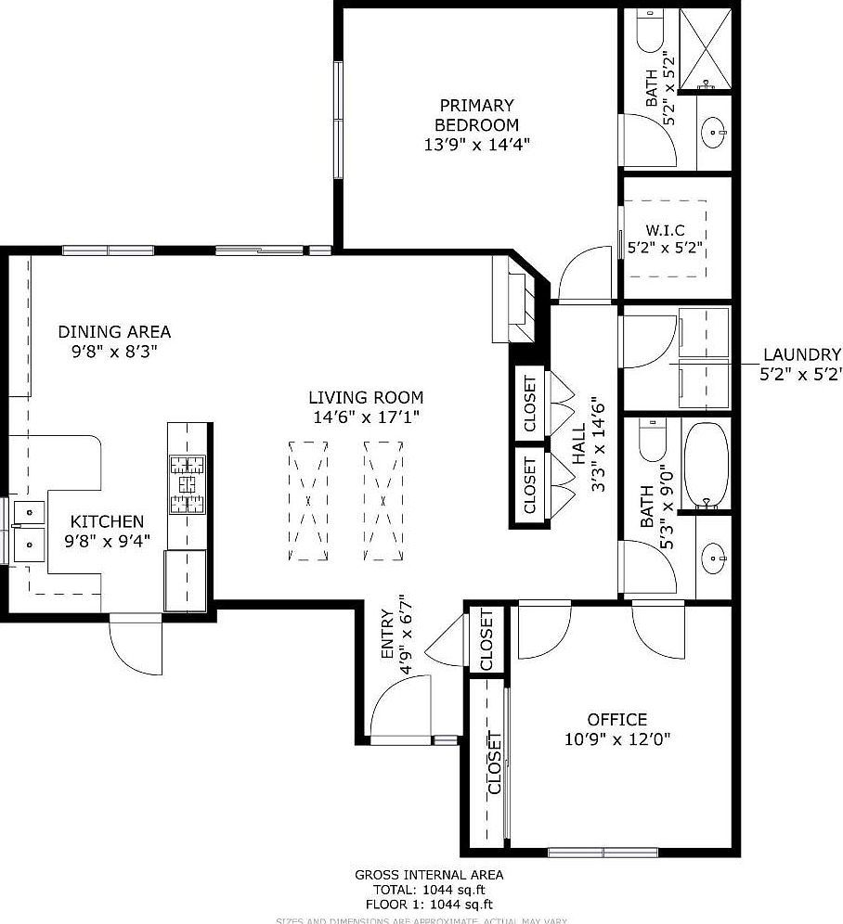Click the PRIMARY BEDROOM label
(x=476, y=115)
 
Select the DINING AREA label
(x=114, y=331)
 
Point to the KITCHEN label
(x=108, y=521)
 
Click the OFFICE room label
(x=616, y=719)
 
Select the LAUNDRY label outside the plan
(x=801, y=353)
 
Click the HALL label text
(x=580, y=445)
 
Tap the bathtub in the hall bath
(x=707, y=467)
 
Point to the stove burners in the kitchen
(x=187, y=484)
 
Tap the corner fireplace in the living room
(x=517, y=303)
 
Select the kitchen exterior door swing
(x=136, y=648)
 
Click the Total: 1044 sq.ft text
(x=429, y=889)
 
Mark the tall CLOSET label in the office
(x=494, y=764)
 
